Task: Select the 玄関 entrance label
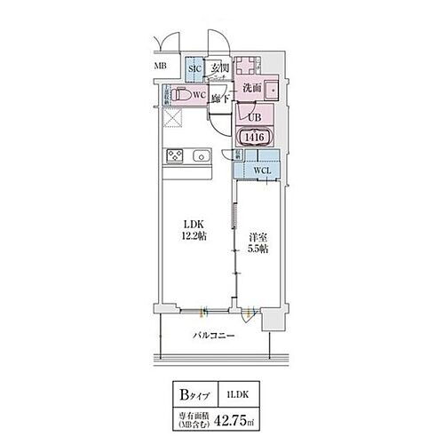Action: pyautogui.click(x=219, y=67)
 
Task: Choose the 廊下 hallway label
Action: pyautogui.click(x=220, y=99)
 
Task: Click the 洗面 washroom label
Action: pyautogui.click(x=250, y=88)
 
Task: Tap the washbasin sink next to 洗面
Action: pyautogui.click(x=272, y=87)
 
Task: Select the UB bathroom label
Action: pyautogui.click(x=253, y=116)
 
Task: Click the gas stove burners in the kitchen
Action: pyautogui.click(x=172, y=158)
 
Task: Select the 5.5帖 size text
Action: pyautogui.click(x=258, y=250)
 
